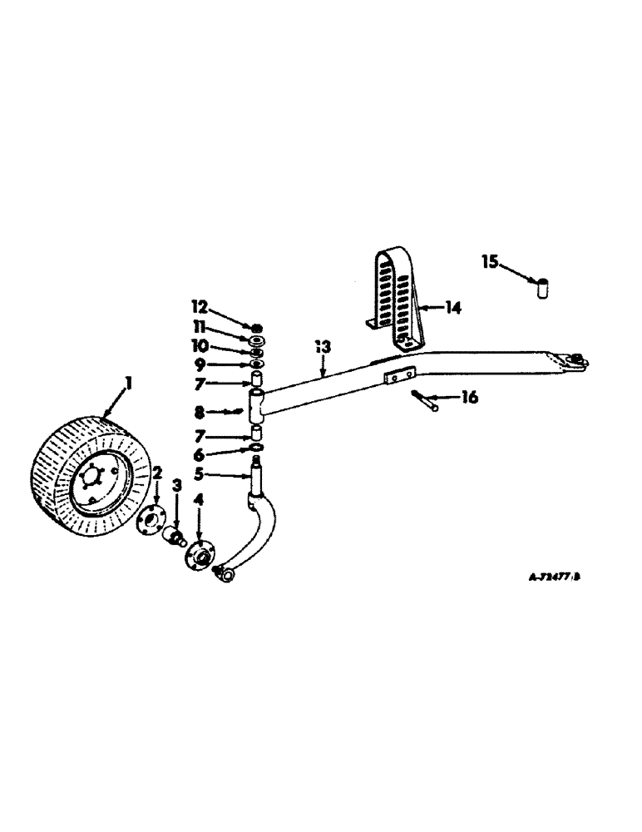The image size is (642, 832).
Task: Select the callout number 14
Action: (452, 308)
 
